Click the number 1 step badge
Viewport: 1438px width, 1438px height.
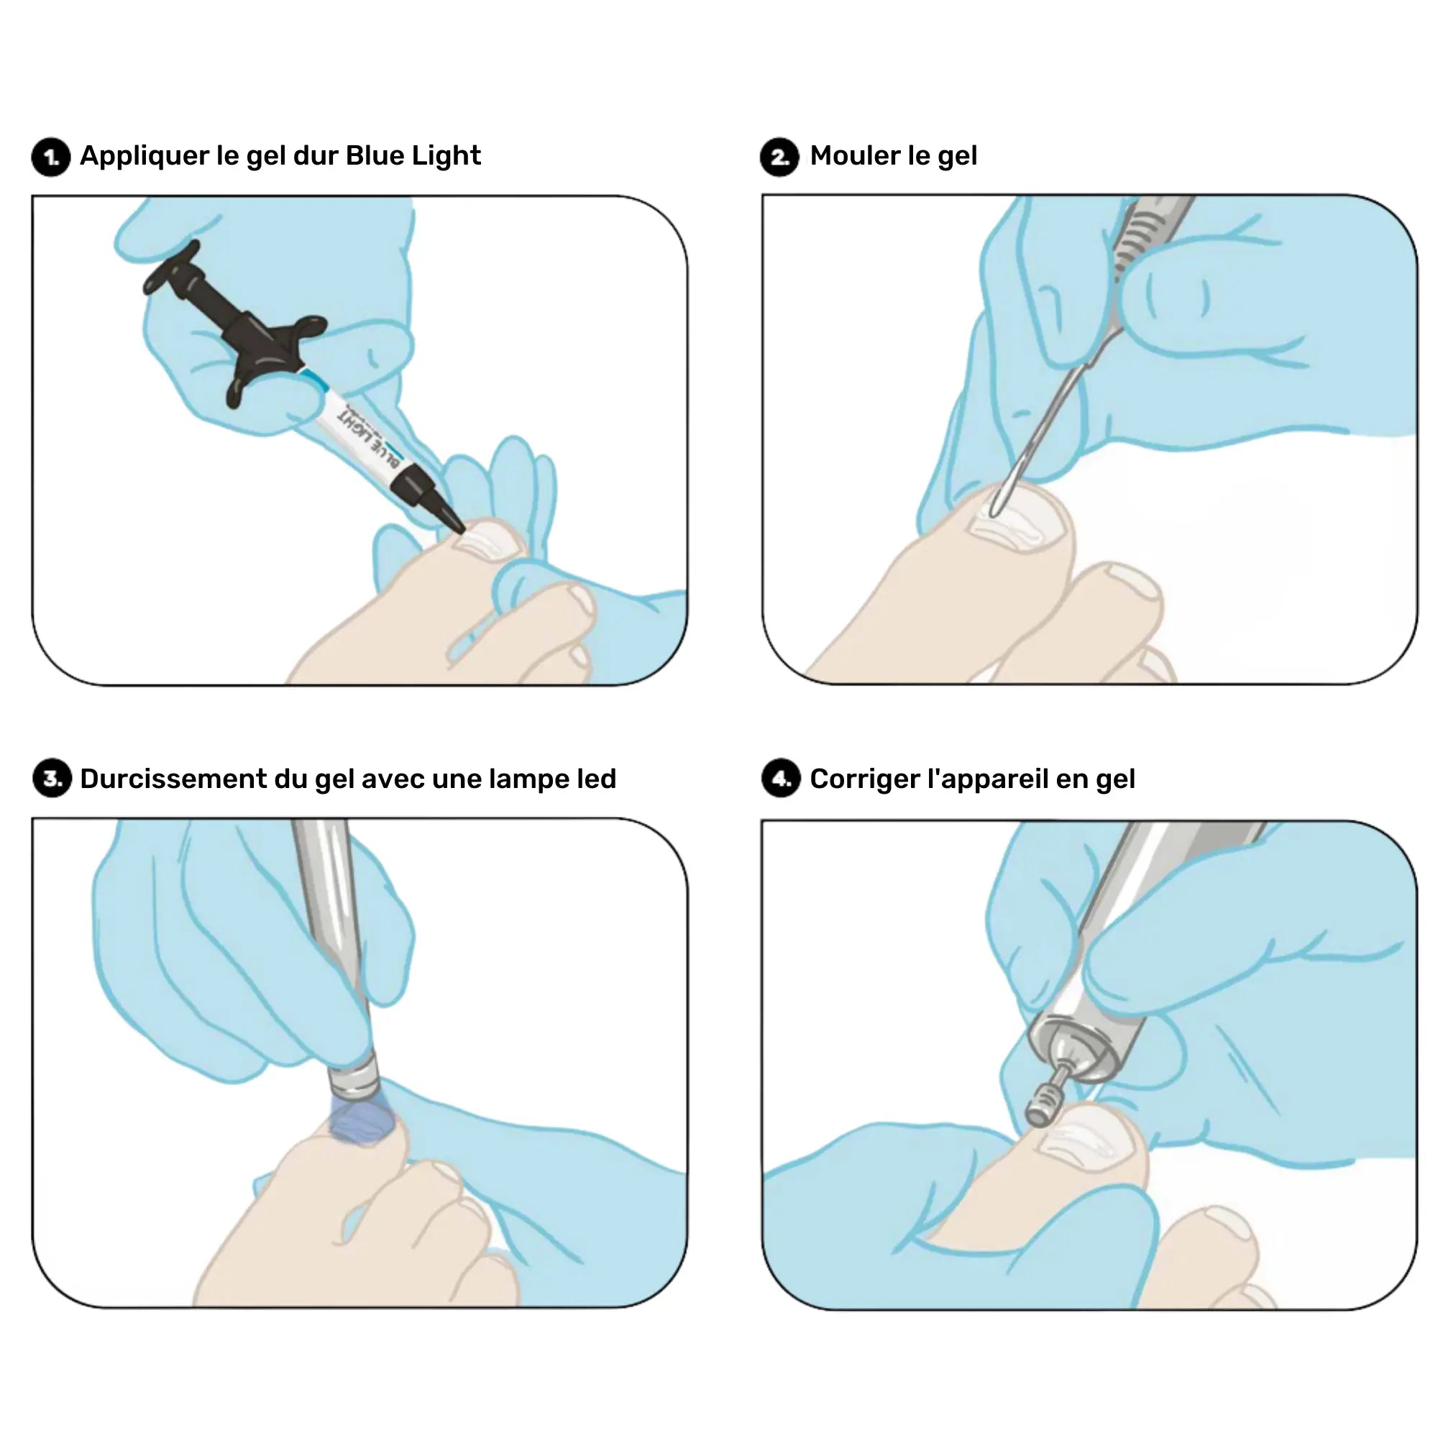(50, 157)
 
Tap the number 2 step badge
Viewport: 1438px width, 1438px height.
(779, 157)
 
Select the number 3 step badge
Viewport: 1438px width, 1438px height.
(51, 779)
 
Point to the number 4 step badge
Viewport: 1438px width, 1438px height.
(781, 779)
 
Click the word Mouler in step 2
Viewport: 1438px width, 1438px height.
(855, 156)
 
